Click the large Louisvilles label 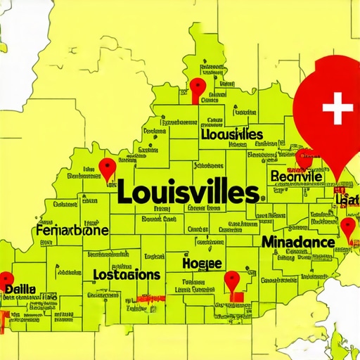point(186,191)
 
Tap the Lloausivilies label point(231,134)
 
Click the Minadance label point(297,243)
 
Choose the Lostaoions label point(127,274)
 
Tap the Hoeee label point(202,264)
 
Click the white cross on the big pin point(336,108)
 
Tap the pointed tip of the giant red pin point(338,182)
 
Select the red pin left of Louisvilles point(107,168)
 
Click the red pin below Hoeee point(232,282)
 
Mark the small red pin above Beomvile point(304,158)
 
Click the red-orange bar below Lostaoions point(151,299)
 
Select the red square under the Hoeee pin point(237,298)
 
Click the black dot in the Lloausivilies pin point(198,86)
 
